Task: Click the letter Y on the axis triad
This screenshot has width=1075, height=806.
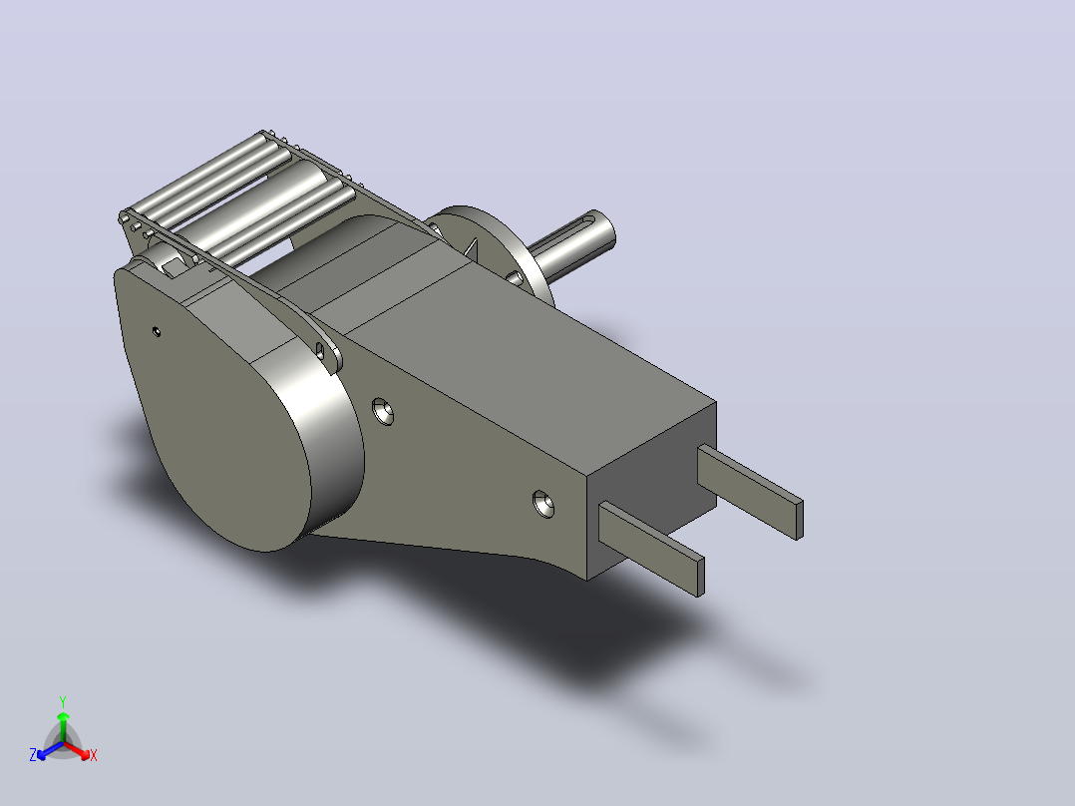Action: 63,701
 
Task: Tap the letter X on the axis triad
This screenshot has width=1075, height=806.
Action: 94,755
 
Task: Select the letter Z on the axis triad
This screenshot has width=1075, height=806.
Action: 33,755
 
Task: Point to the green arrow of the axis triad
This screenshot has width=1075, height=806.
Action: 63,727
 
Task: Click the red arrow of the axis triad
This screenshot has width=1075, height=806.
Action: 77,750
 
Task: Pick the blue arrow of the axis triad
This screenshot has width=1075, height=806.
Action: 50,750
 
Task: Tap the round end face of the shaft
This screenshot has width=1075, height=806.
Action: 607,227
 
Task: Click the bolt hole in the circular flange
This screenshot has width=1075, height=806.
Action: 515,277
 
